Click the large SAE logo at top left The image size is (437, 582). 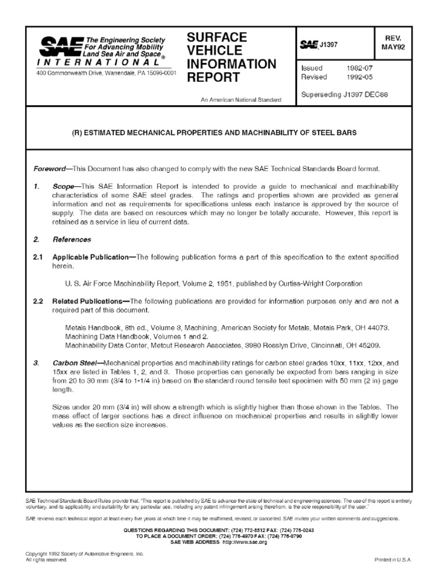pyautogui.click(x=53, y=46)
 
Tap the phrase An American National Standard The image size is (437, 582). pyautogui.click(x=241, y=100)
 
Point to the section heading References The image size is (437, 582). pyautogui.click(x=72, y=240)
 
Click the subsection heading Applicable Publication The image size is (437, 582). pyautogui.click(x=90, y=257)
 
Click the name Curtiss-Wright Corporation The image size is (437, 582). pyautogui.click(x=321, y=283)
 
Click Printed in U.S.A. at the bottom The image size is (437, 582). pyautogui.click(x=393, y=559)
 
